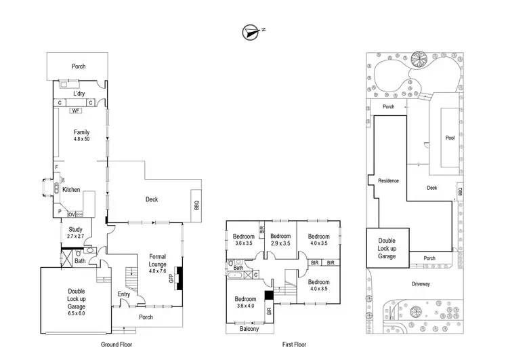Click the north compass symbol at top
point(251,31)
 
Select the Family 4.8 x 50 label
point(81,136)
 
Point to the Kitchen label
point(72,190)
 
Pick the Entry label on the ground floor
point(124,294)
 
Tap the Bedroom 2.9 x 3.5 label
point(280,239)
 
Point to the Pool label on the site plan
point(450,138)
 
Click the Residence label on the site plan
point(389,181)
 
